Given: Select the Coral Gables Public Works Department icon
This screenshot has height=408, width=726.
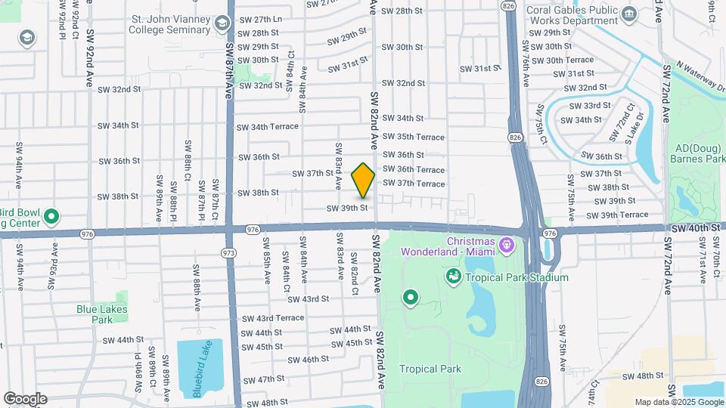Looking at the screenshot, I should tap(628, 14).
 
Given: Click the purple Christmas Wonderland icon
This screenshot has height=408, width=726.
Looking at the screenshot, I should tap(507, 246).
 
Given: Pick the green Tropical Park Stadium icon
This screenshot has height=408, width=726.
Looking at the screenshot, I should tap(454, 277).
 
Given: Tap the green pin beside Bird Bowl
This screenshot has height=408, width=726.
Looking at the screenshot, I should tap(51, 218).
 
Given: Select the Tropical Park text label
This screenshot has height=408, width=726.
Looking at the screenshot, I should tap(430, 369).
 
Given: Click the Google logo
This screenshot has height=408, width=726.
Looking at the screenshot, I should tap(25, 398).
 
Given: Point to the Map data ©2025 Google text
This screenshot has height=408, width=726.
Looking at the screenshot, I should tap(678, 402).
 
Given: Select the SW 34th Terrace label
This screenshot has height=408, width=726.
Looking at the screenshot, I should tap(268, 127).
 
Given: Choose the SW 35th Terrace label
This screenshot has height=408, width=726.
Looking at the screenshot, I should tap(413, 137).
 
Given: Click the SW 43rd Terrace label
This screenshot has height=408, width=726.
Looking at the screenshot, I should tap(273, 318).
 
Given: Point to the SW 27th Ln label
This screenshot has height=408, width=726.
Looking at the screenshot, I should tap(259, 19).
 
